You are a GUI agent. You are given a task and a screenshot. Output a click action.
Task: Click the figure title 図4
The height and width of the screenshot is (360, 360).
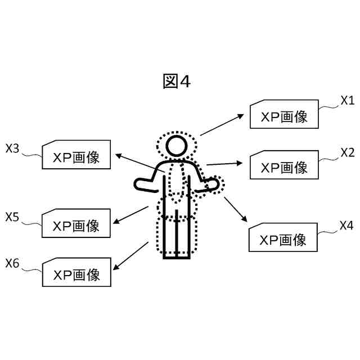coord(177,82)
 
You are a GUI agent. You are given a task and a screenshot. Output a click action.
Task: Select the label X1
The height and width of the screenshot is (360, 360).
coord(347,101)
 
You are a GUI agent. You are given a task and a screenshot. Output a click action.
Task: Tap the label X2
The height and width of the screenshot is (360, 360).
coord(347,152)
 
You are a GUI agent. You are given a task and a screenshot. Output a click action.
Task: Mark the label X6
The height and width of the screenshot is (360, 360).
coord(12,263)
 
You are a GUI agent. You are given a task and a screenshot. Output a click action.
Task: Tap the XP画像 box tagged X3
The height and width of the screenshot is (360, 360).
coord(76,156)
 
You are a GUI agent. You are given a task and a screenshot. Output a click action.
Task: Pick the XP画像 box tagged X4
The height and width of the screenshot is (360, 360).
coord(283,238)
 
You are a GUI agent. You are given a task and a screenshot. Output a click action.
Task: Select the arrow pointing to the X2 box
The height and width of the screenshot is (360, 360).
coord(224,164)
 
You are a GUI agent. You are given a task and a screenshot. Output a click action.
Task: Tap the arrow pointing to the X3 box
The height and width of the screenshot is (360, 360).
coord(138,161)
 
